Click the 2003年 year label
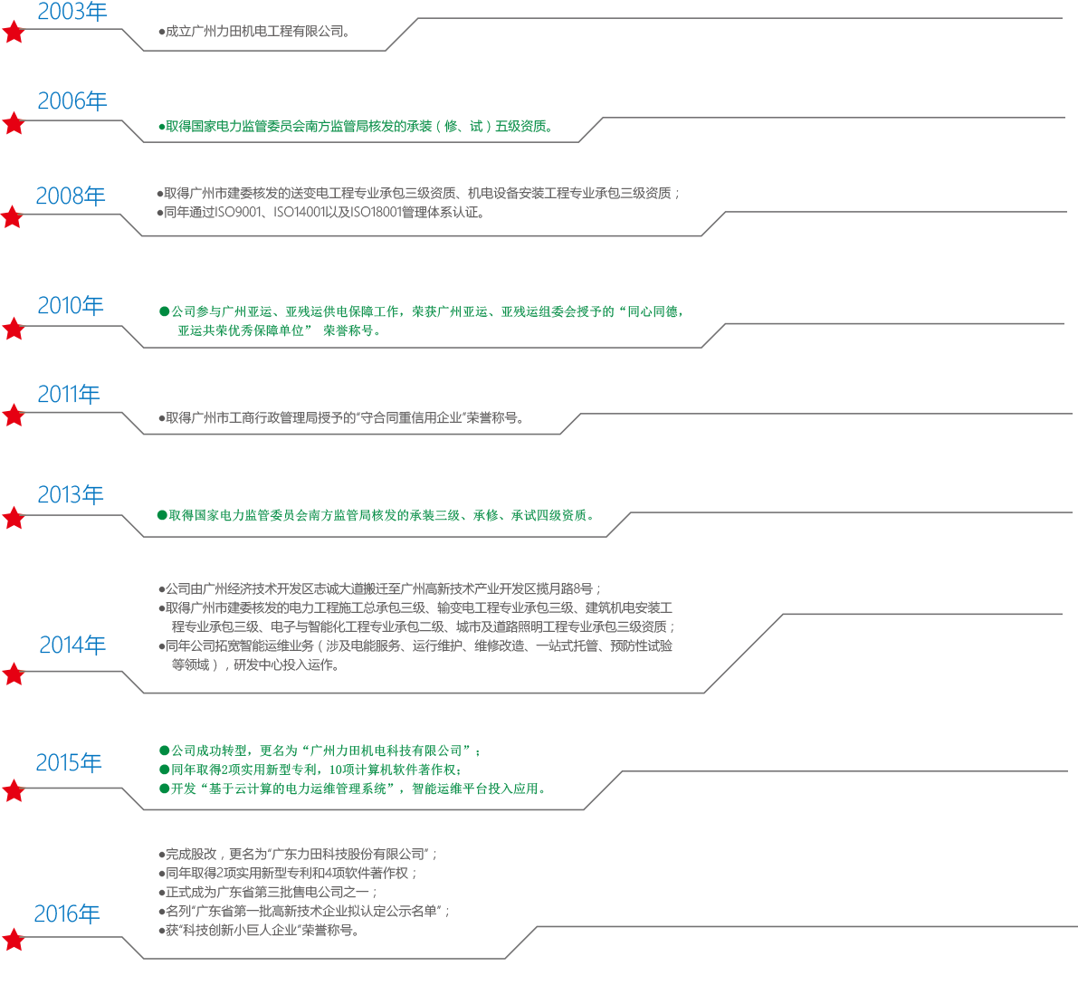tap(72, 12)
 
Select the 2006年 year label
tap(72, 100)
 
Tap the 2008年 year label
tap(70, 196)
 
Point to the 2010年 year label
tap(70, 306)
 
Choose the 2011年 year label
tap(68, 395)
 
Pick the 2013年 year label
tap(70, 495)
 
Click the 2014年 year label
tap(72, 646)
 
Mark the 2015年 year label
tap(69, 763)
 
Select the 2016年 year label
tap(66, 914)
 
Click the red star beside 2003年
tap(14, 33)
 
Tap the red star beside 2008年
tap(13, 217)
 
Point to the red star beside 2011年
tap(14, 416)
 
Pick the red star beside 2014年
tap(14, 674)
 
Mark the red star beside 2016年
tap(14, 940)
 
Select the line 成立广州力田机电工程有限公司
tap(254, 32)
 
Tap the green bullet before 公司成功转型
tap(164, 751)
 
